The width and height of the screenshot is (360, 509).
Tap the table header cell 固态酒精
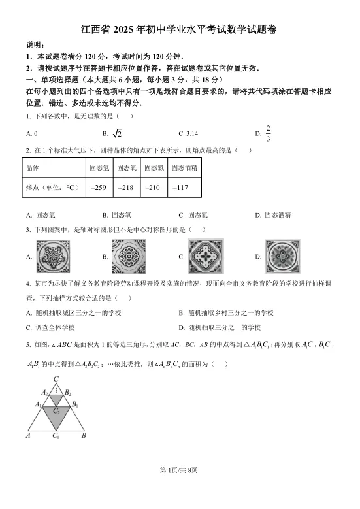point(184,167)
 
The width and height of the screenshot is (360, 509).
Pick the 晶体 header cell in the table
point(33,167)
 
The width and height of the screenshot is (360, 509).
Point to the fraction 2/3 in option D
point(268,133)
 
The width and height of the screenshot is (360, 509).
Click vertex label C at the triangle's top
point(56,379)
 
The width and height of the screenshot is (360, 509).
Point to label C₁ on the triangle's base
point(56,435)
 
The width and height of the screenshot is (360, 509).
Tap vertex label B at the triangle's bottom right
point(84,435)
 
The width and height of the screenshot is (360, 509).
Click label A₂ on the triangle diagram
point(44,392)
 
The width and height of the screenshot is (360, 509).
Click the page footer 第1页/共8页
point(180,488)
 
